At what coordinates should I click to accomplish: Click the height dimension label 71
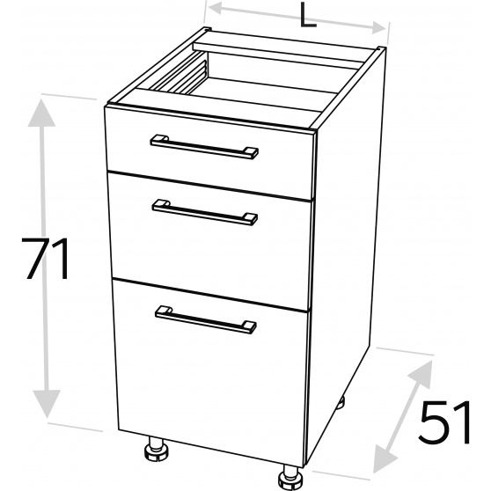coord(45,259)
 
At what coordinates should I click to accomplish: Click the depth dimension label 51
coord(444,422)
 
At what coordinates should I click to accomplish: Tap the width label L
coord(307,15)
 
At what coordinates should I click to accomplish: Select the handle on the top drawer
coord(204,147)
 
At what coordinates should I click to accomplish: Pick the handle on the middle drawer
coord(205,212)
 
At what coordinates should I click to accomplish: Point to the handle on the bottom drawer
coord(206,319)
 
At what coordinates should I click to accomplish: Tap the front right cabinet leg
coord(290,478)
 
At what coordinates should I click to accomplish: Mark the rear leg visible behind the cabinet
coord(341,402)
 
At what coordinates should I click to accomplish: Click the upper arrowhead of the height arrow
coord(41,113)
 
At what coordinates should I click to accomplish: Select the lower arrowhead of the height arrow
coord(47,404)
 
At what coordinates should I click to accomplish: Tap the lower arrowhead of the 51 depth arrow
coord(385,459)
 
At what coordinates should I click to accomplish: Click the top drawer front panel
coord(209,152)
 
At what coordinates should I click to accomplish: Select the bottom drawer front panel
coord(210,372)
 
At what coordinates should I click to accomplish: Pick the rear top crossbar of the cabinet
coord(279,55)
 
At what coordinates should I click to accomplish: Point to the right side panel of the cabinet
coord(346,251)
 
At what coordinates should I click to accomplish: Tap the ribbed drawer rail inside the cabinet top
coord(179,75)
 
